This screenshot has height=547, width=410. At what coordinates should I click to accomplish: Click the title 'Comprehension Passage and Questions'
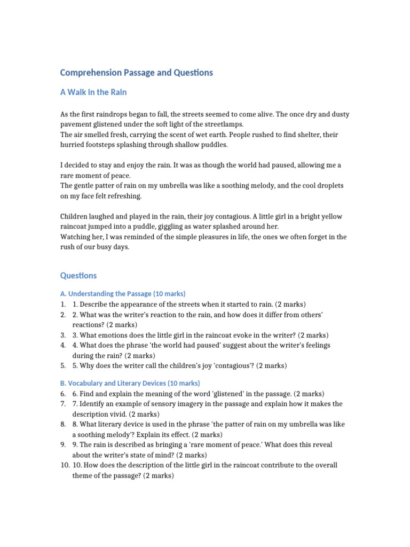click(x=136, y=73)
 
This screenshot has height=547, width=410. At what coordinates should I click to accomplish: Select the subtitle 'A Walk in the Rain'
click(x=93, y=92)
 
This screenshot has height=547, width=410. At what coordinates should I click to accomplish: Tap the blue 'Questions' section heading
click(x=78, y=276)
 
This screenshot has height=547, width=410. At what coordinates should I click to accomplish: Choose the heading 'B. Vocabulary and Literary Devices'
click(x=130, y=384)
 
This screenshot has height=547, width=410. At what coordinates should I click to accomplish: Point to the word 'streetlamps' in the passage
click(x=223, y=124)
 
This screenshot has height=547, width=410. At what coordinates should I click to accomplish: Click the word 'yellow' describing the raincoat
click(x=331, y=216)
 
